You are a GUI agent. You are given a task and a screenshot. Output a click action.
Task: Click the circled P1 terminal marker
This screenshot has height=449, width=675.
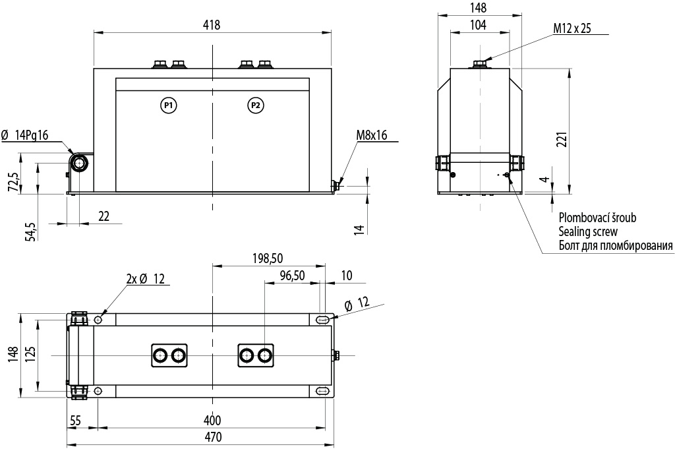point(169,105)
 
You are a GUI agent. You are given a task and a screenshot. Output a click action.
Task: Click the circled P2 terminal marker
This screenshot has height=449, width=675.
point(256,105)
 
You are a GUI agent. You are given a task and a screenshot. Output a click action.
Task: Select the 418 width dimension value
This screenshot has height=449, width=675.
point(212,25)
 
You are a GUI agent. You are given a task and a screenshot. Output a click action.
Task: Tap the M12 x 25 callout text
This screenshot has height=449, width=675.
point(572,28)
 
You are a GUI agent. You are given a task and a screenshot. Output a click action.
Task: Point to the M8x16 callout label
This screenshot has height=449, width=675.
point(372,135)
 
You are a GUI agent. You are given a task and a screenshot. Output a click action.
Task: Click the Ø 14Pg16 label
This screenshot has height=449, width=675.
point(25,135)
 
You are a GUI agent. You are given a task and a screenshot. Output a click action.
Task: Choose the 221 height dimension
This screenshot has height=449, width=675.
point(562,140)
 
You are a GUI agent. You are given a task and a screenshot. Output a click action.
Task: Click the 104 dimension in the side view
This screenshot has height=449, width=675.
point(478,25)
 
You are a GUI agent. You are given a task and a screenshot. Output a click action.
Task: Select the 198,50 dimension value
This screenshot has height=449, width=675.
point(268,258)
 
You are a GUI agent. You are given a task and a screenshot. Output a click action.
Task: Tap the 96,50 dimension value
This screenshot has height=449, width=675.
point(292,276)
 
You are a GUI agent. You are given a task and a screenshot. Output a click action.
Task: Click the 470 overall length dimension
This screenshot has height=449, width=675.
point(213,437)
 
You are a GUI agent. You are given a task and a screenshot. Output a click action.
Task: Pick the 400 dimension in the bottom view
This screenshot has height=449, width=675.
point(212,420)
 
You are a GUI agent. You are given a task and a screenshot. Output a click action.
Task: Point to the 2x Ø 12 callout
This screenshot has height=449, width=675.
point(146,279)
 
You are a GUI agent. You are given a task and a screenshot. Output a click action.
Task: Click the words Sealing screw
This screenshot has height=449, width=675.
point(588,231)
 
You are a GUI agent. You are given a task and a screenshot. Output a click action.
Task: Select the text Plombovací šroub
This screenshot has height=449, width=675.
point(597,218)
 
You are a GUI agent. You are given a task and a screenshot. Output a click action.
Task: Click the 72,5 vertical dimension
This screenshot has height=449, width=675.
point(15,183)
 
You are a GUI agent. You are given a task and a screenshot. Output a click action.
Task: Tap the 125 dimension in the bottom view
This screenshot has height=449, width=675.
point(30,355)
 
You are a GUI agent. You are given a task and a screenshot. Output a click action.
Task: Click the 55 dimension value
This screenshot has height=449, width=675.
point(75,420)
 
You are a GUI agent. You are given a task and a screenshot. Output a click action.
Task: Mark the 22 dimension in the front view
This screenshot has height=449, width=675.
point(103,216)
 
